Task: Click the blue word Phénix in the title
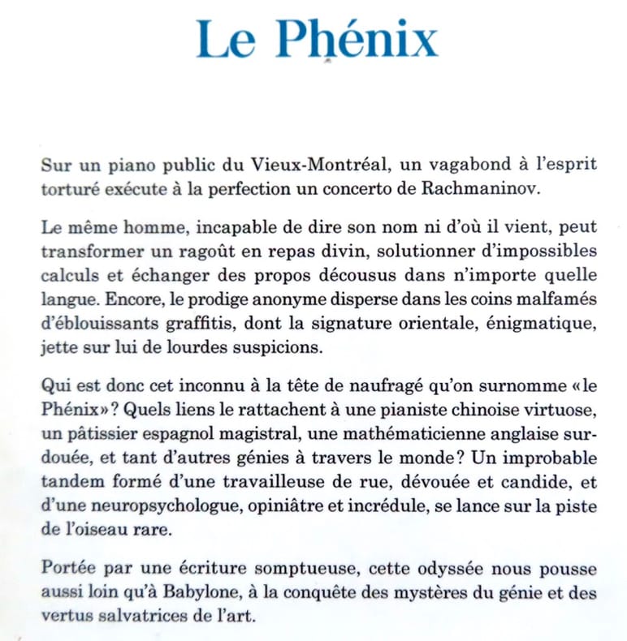click(357, 39)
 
